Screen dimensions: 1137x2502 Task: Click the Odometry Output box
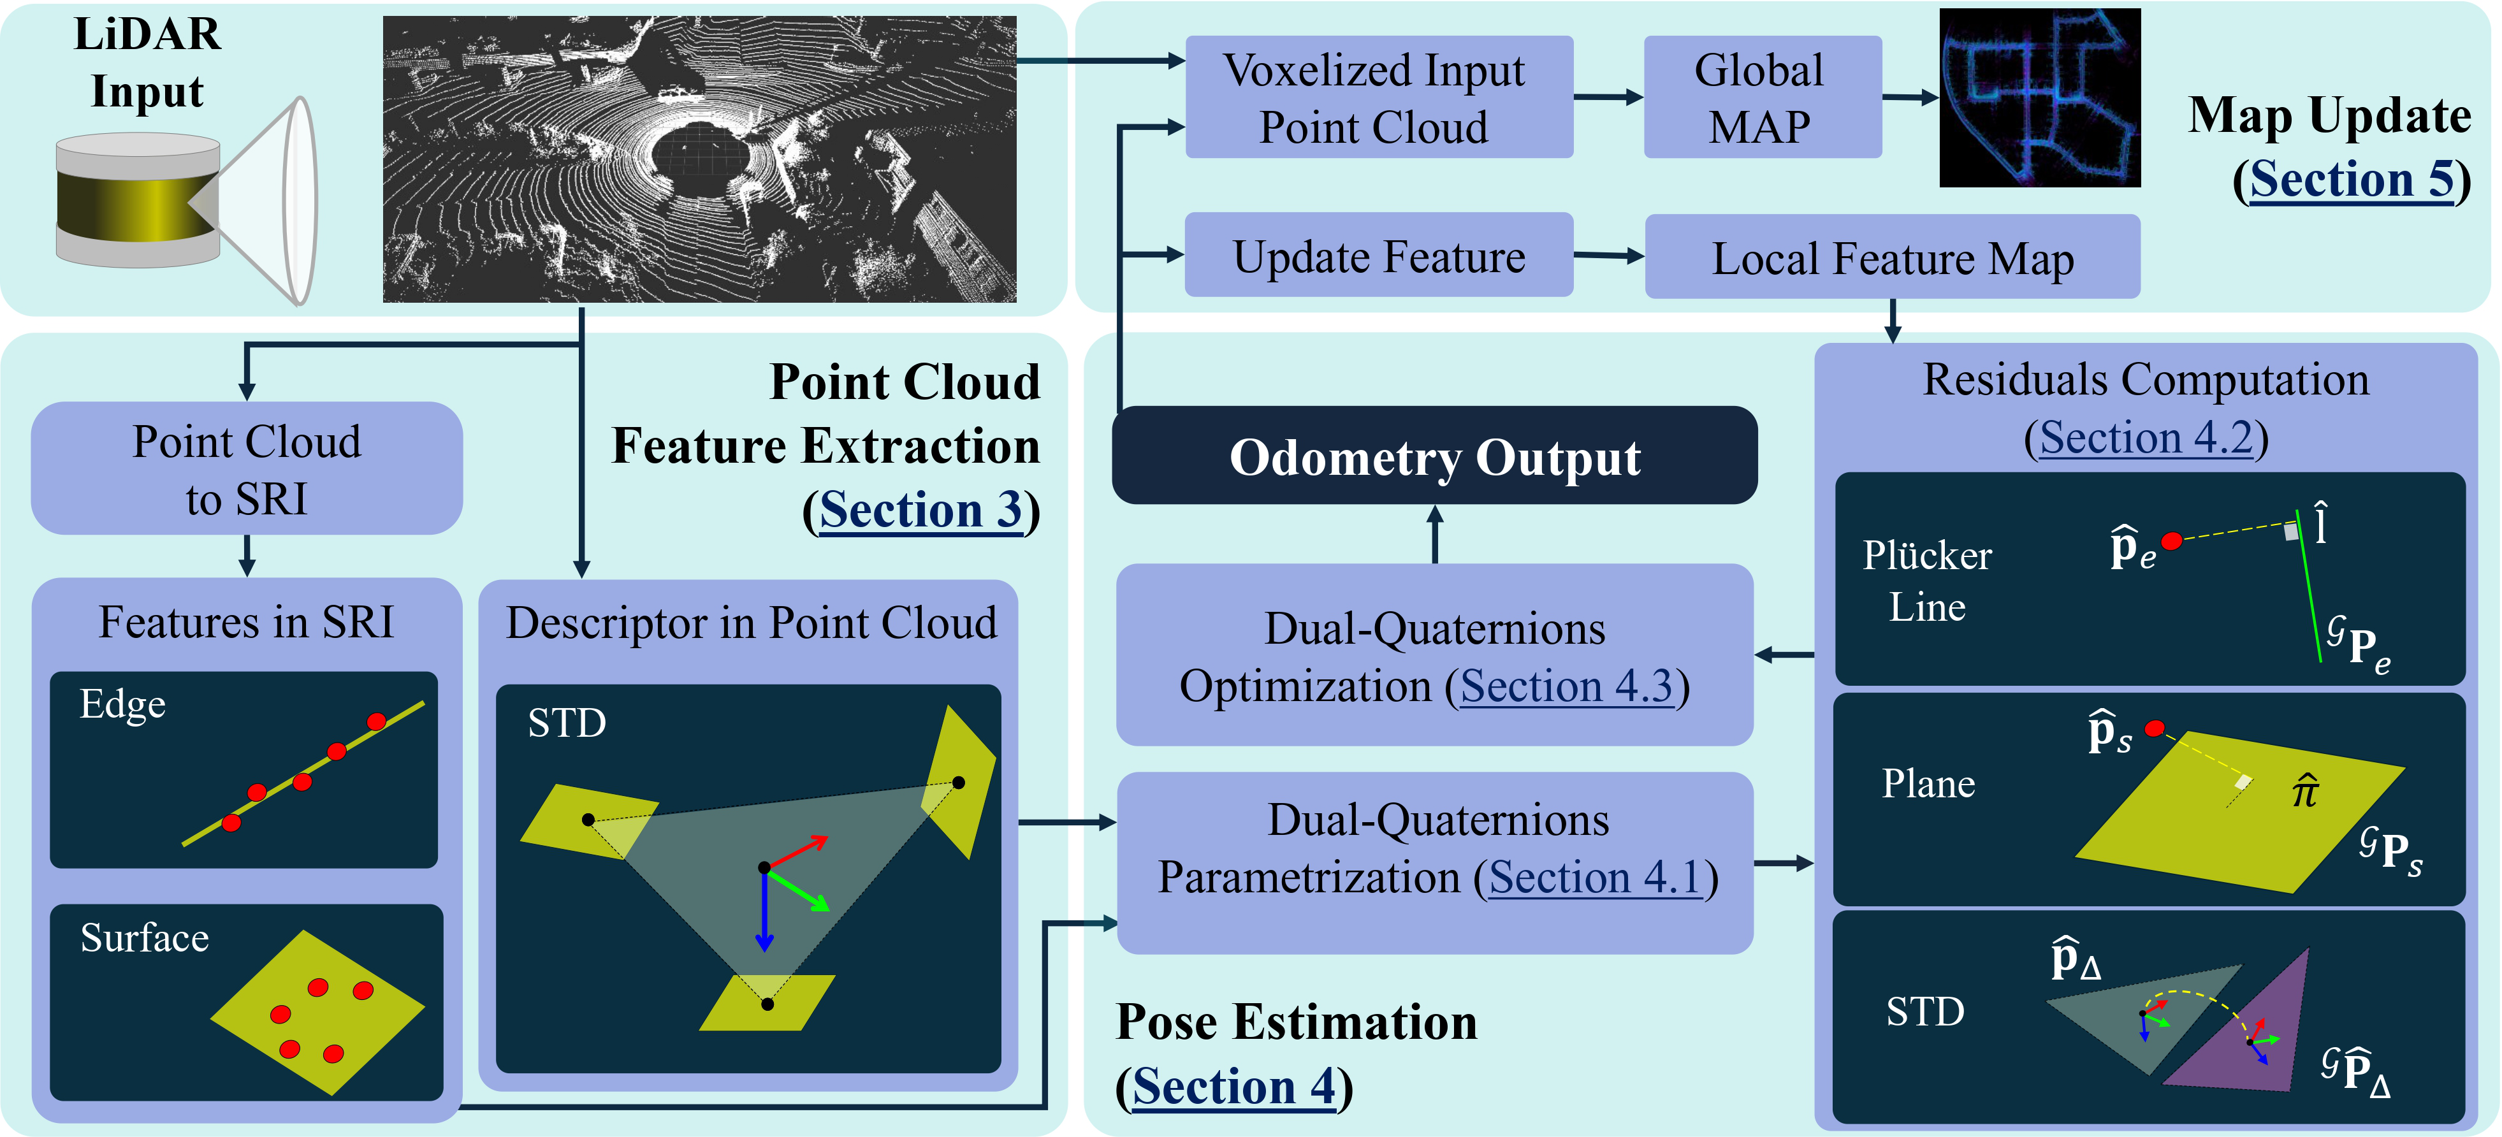[1434, 456]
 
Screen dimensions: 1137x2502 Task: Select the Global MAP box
[1761, 97]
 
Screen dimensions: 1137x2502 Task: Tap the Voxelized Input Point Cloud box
[1378, 97]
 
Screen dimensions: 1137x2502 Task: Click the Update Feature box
[1378, 256]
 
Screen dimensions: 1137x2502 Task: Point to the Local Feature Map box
[1891, 258]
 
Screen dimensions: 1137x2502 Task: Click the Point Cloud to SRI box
[247, 469]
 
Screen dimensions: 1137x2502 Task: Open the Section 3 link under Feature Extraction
[920, 511]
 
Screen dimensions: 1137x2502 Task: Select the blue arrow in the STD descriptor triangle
[764, 913]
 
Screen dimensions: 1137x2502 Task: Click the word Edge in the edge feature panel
[122, 705]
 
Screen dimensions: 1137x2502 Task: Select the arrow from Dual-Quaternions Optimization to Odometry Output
[1434, 534]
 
